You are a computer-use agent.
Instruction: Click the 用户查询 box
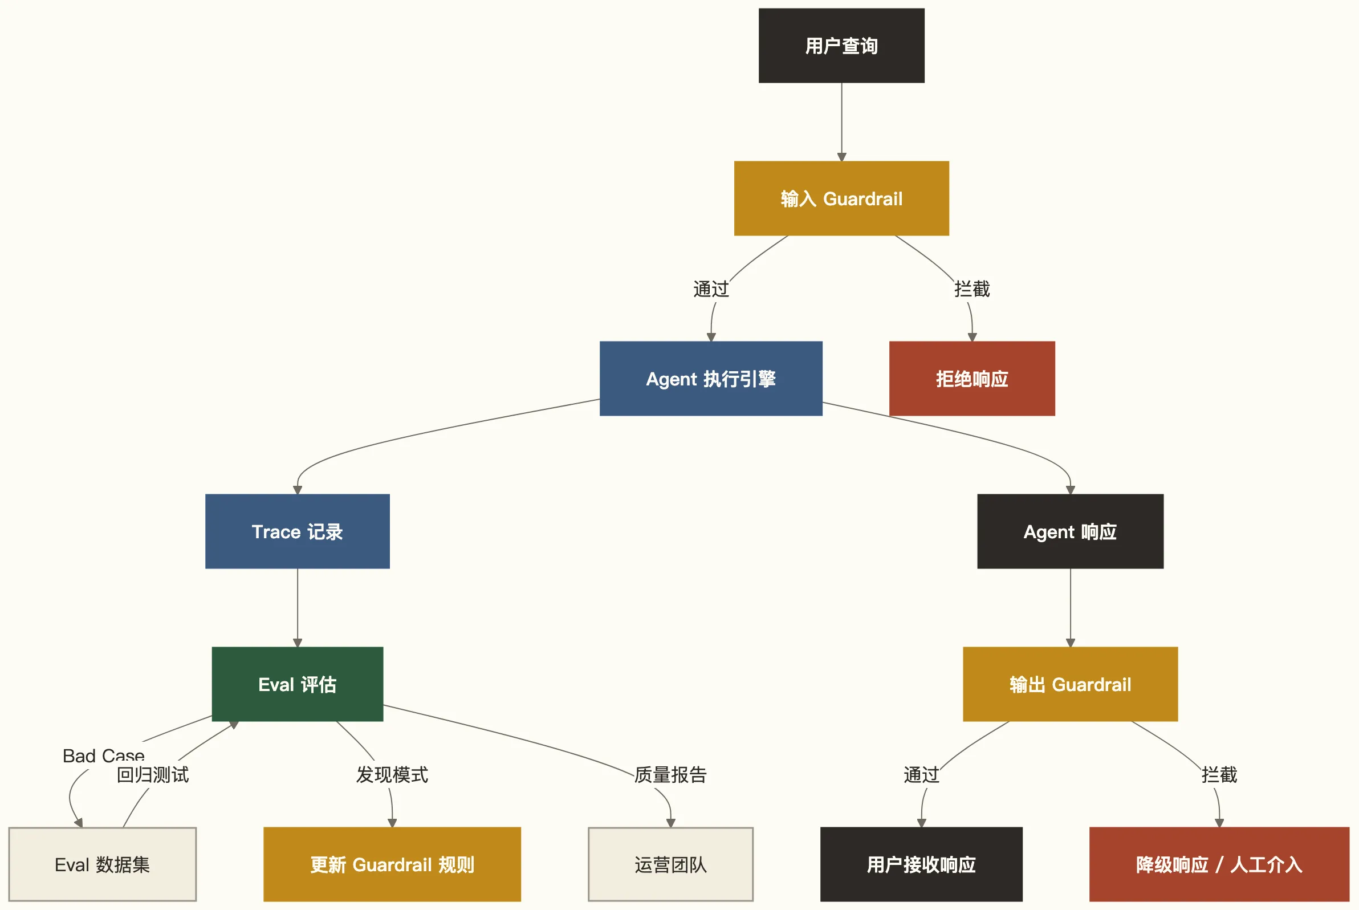pyautogui.click(x=841, y=45)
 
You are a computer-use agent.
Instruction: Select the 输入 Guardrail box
pyautogui.click(x=841, y=198)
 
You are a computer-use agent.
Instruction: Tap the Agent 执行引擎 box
pyautogui.click(x=711, y=379)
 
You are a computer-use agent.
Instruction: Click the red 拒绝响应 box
pyautogui.click(x=972, y=379)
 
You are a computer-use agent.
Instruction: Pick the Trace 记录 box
pyautogui.click(x=297, y=531)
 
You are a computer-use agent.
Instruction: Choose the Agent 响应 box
pyautogui.click(x=1070, y=531)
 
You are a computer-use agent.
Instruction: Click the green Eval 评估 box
pyautogui.click(x=297, y=684)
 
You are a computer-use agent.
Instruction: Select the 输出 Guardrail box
pyautogui.click(x=1070, y=684)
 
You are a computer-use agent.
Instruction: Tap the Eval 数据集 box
pyautogui.click(x=102, y=864)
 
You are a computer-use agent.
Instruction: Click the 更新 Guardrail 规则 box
pyautogui.click(x=392, y=864)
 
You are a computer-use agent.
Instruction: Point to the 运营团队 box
pyautogui.click(x=670, y=864)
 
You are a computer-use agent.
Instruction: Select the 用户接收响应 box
pyautogui.click(x=921, y=864)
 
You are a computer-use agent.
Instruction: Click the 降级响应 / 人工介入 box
pyautogui.click(x=1219, y=864)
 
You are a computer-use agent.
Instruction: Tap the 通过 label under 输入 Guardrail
pyautogui.click(x=711, y=289)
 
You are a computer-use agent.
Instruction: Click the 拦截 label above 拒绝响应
pyautogui.click(x=972, y=289)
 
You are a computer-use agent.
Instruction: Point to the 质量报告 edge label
pyautogui.click(x=670, y=775)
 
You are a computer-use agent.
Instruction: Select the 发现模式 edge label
pyautogui.click(x=392, y=775)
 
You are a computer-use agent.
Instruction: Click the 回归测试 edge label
pyautogui.click(x=153, y=775)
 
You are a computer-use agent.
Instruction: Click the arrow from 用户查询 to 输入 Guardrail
pyautogui.click(x=841, y=122)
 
